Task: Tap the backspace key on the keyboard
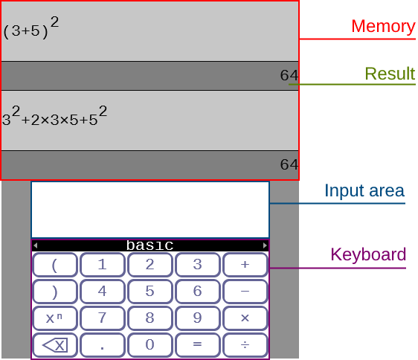pyautogui.click(x=55, y=345)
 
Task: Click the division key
pyautogui.click(x=245, y=345)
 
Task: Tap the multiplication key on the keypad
pyautogui.click(x=245, y=318)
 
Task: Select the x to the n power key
pyautogui.click(x=55, y=318)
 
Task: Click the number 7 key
pyautogui.click(x=103, y=318)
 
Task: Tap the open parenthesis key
pyautogui.click(x=55, y=265)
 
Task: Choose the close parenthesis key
pyautogui.click(x=55, y=292)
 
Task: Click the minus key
pyautogui.click(x=245, y=292)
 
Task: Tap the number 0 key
pyautogui.click(x=149, y=345)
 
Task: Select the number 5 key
pyautogui.click(x=149, y=292)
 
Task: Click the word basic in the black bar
pyautogui.click(x=149, y=245)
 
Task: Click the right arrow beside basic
pyautogui.click(x=265, y=245)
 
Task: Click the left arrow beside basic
pyautogui.click(x=36, y=245)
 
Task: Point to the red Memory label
pyautogui.click(x=383, y=26)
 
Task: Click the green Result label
pyautogui.click(x=390, y=74)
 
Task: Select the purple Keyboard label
pyautogui.click(x=368, y=254)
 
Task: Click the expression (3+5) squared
pyautogui.click(x=31, y=28)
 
